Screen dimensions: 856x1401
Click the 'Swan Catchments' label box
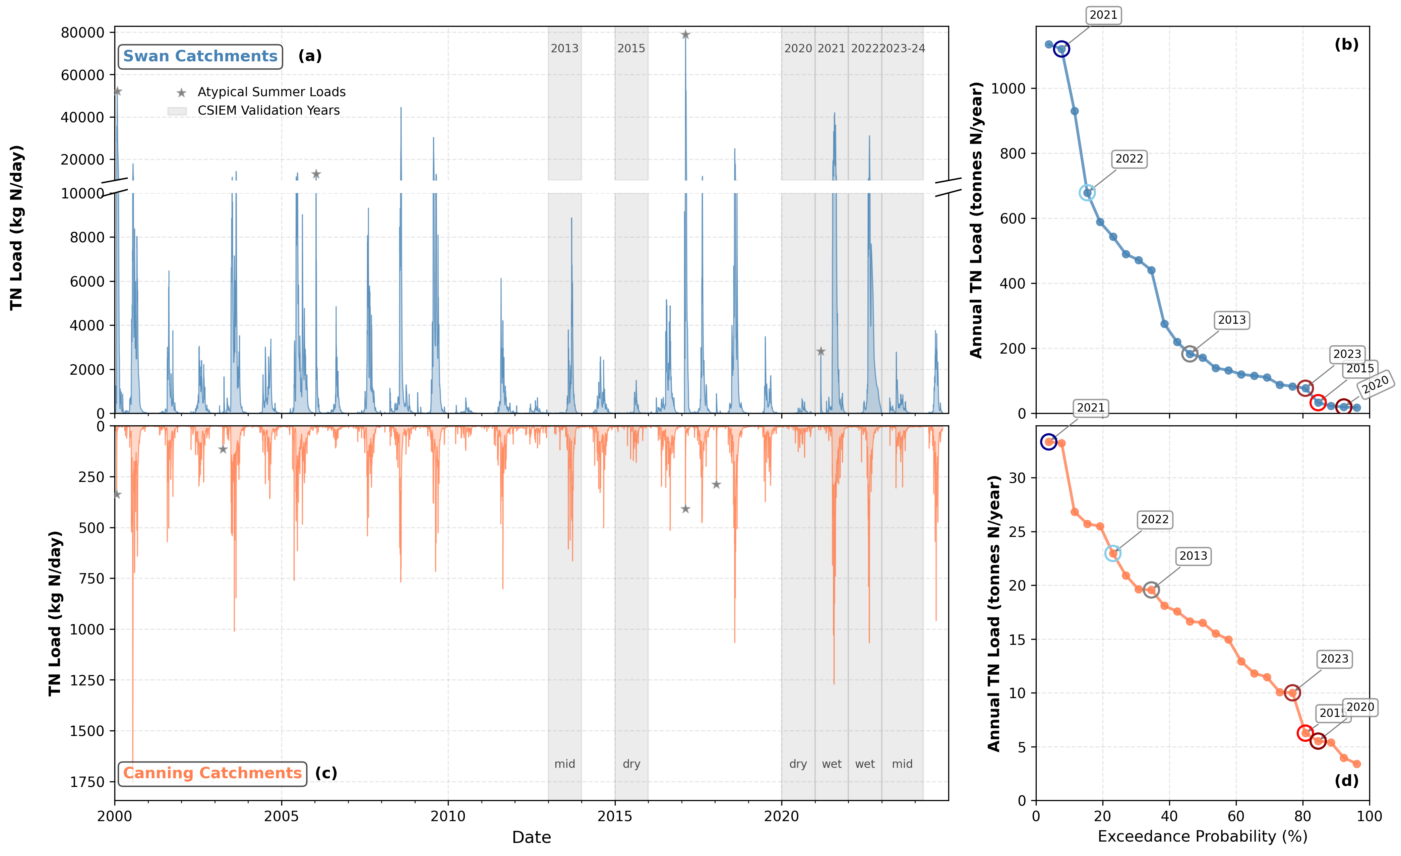coord(200,56)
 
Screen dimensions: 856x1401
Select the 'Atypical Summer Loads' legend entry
coord(271,92)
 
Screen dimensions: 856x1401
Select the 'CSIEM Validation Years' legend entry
coord(268,110)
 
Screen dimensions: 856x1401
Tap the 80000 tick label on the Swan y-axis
coord(83,33)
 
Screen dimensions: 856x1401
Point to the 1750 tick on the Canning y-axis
coord(87,782)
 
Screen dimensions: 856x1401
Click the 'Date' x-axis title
coord(531,837)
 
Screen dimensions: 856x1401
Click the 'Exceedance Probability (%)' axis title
coord(1202,836)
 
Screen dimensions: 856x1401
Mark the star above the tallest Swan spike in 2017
coord(686,35)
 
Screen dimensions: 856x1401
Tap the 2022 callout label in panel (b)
coord(1129,159)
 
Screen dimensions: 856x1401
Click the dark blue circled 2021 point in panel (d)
coord(1048,442)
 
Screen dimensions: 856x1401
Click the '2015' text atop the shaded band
coord(631,48)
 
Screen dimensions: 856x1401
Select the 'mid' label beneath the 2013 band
coord(565,764)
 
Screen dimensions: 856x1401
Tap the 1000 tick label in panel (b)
coord(1008,89)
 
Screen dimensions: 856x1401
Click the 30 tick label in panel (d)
coord(1017,478)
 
